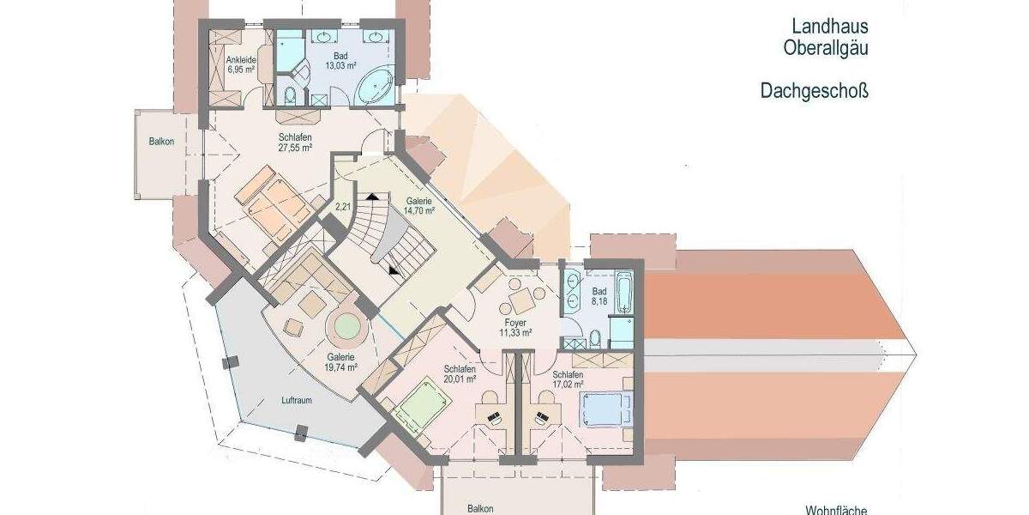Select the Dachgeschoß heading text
click(x=814, y=89)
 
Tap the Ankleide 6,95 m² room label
click(x=241, y=64)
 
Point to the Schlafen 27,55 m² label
click(x=294, y=142)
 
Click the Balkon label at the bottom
click(x=480, y=508)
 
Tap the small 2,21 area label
click(x=343, y=206)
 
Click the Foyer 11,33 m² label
click(x=514, y=327)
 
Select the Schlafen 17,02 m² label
click(x=568, y=379)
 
